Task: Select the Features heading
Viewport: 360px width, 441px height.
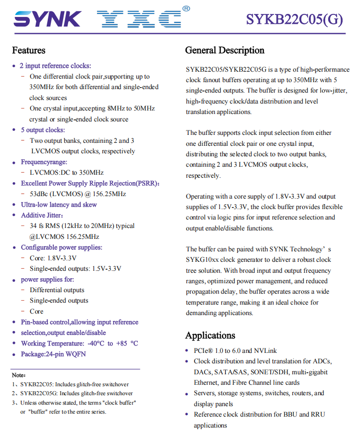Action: pos(28,50)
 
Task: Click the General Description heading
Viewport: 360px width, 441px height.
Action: pos(224,50)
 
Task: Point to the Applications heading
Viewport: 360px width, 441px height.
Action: pos(210,335)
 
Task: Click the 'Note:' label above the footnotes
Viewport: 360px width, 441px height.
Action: pos(19,374)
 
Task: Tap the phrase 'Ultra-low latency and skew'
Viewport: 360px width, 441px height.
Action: pos(59,205)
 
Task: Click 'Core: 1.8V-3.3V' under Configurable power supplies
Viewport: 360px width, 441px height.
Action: pos(53,258)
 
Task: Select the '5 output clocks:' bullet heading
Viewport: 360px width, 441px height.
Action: pos(42,130)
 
